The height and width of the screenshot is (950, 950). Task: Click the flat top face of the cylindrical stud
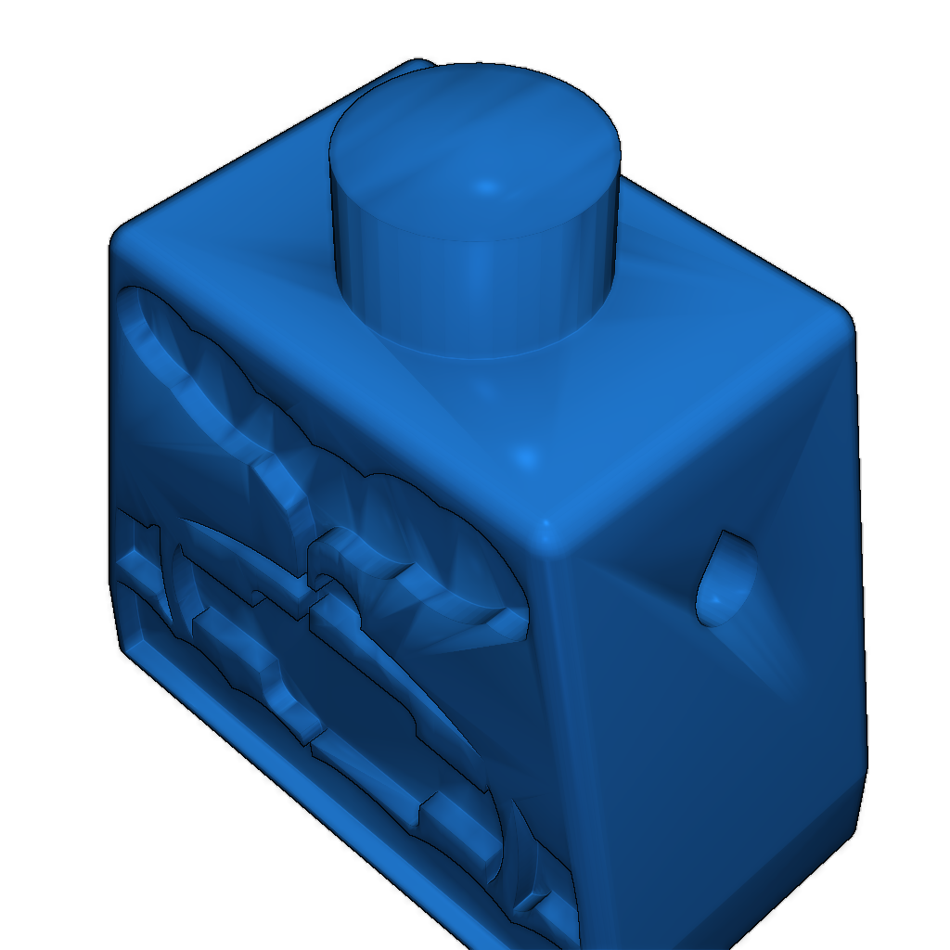click(473, 148)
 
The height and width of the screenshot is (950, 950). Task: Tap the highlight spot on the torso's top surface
click(526, 457)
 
